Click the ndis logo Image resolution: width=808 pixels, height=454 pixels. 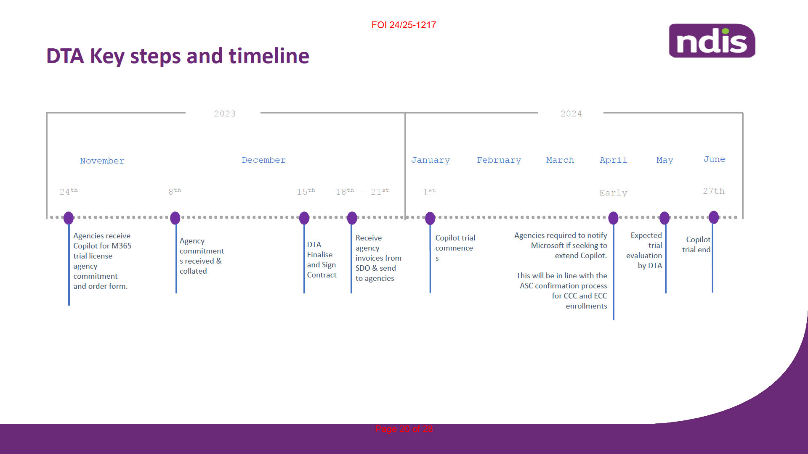[x=712, y=41]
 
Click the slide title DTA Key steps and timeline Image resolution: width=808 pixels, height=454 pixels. [x=178, y=56]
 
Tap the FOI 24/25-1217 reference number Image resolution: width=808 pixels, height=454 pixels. [x=404, y=25]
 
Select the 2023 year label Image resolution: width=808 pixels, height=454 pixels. [x=225, y=113]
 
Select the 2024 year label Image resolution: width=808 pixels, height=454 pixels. [x=571, y=113]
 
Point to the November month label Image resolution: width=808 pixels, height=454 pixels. [x=102, y=161]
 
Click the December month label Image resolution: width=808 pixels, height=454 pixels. [x=263, y=160]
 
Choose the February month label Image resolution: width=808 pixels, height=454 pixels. [x=499, y=160]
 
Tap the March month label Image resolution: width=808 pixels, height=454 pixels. [x=560, y=160]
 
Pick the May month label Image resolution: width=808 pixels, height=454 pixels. [x=664, y=160]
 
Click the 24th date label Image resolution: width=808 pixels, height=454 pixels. [x=69, y=191]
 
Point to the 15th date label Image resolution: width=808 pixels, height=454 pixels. [x=306, y=191]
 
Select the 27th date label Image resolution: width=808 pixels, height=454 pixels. [x=714, y=191]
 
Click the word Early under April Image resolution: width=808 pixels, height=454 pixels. [x=613, y=193]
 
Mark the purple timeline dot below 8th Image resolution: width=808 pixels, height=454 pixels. [x=175, y=218]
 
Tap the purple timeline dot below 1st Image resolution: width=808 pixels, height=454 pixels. [x=430, y=218]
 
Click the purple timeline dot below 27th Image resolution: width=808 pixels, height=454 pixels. [x=714, y=217]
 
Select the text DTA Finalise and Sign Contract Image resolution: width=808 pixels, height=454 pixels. [x=322, y=260]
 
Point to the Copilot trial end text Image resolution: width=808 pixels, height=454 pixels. [x=696, y=244]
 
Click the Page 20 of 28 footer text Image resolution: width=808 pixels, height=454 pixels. [x=404, y=429]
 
